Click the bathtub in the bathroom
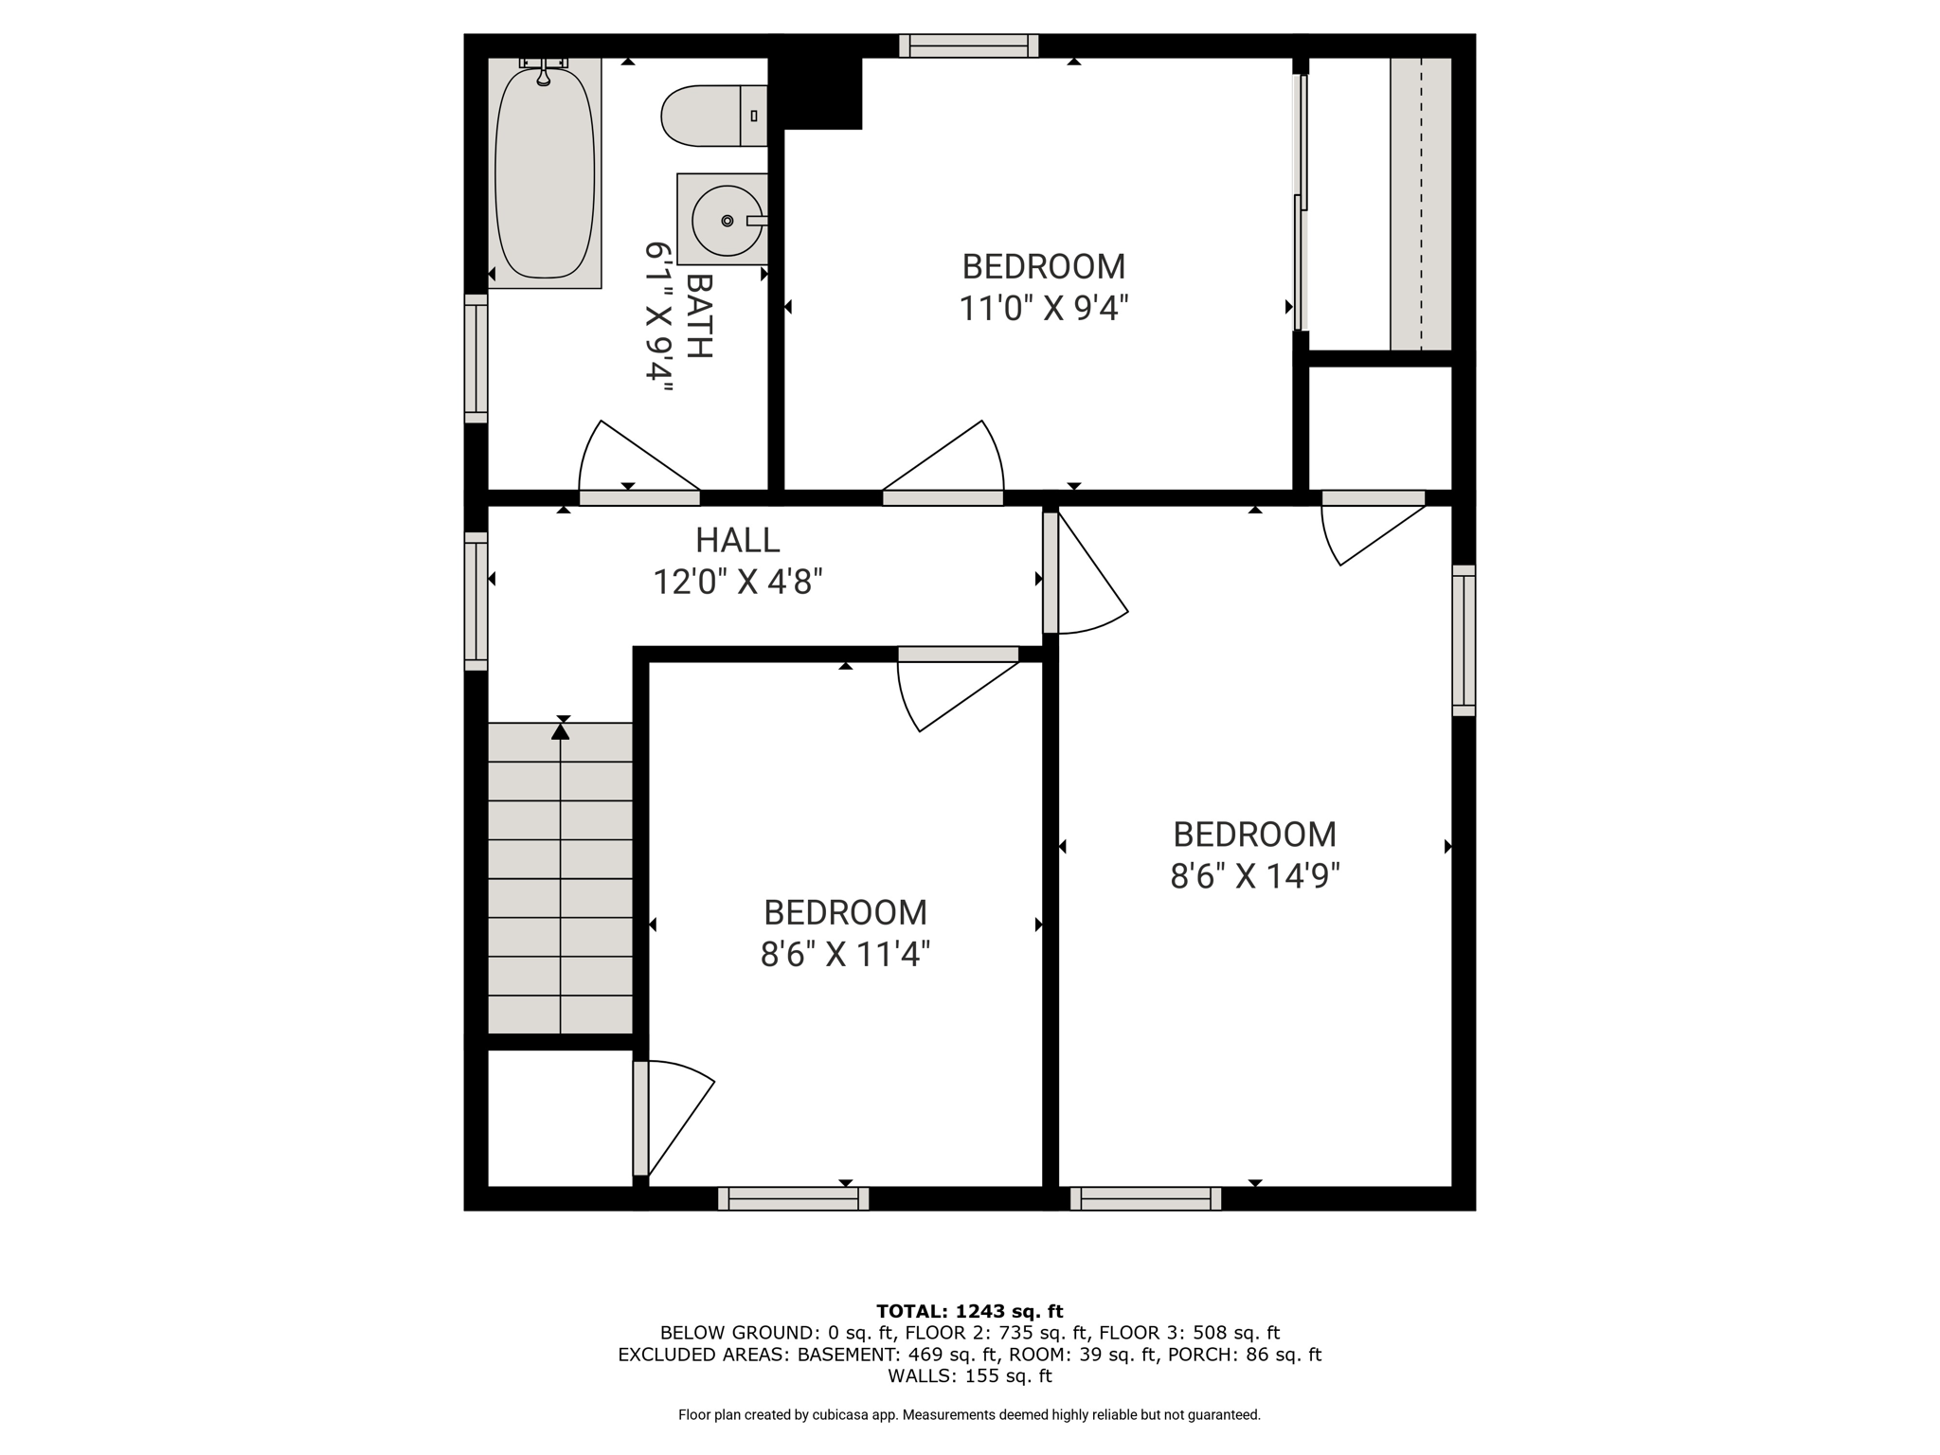545,173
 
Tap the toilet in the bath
714,116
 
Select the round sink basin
727,221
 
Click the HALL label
738,540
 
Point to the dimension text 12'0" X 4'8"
738,582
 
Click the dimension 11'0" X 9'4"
1044,309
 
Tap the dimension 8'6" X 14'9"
1255,876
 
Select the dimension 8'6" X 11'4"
845,954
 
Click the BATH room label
699,316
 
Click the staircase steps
560,878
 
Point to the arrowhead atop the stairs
561,730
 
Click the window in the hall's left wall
476,602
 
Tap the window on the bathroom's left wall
476,358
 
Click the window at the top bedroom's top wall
969,45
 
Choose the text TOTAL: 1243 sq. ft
970,1312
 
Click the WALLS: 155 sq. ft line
970,1375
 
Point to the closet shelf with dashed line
1421,204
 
